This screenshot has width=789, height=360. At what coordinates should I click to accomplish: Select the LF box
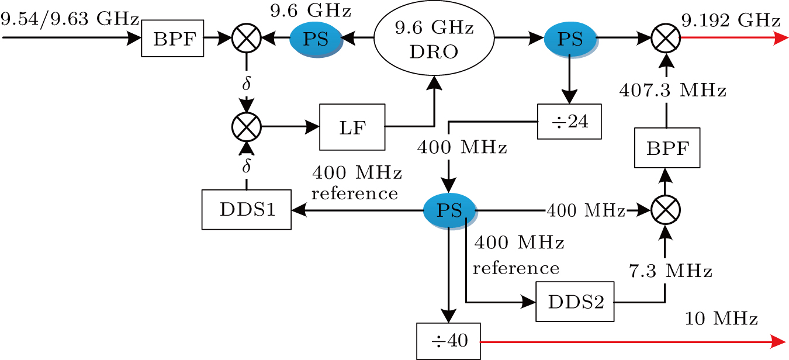pyautogui.click(x=352, y=126)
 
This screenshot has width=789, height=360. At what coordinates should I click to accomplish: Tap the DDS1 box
pyautogui.click(x=246, y=209)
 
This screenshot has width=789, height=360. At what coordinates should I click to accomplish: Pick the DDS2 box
pyautogui.click(x=575, y=302)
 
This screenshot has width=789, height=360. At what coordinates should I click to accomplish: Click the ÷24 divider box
pyautogui.click(x=569, y=122)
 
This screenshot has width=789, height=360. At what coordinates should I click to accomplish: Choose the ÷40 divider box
pyautogui.click(x=448, y=341)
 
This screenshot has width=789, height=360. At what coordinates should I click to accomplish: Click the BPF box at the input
pyautogui.click(x=172, y=40)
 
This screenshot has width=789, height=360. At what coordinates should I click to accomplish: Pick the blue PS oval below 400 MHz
pyautogui.click(x=449, y=209)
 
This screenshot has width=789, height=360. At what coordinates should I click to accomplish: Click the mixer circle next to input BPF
pyautogui.click(x=246, y=39)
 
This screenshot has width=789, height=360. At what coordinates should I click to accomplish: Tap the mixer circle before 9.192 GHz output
pyautogui.click(x=666, y=39)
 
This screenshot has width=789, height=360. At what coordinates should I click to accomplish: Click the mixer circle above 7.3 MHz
pyautogui.click(x=666, y=209)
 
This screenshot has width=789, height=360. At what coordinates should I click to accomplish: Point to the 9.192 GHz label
pyautogui.click(x=731, y=21)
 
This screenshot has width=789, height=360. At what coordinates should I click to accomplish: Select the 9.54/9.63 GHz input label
pyautogui.click(x=70, y=19)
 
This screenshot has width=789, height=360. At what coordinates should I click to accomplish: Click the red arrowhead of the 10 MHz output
pyautogui.click(x=778, y=341)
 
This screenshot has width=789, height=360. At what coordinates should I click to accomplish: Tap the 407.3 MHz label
pyautogui.click(x=673, y=91)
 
